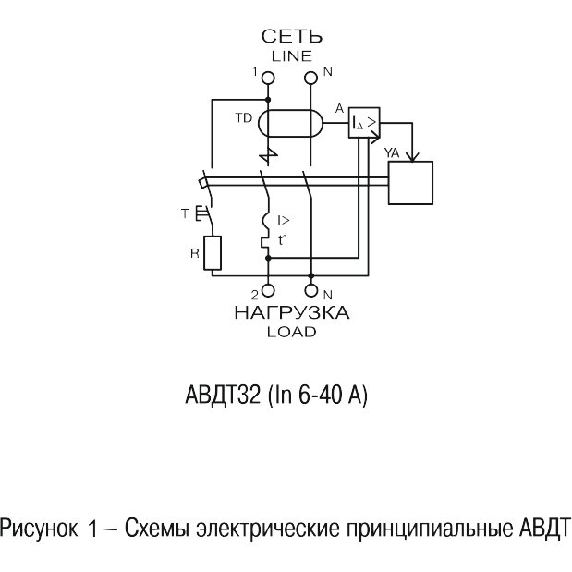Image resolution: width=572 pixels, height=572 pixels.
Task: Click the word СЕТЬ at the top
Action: coord(292,37)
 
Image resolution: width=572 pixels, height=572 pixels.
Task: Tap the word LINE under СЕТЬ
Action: coord(292,55)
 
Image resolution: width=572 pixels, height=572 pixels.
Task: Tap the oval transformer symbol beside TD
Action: coord(288,123)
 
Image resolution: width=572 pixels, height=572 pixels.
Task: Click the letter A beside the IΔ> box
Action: coord(339,109)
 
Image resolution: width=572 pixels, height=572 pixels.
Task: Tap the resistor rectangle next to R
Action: coord(213,252)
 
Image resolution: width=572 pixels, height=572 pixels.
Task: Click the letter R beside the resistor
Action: coord(191,249)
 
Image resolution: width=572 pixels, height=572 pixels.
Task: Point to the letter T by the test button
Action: coord(186,214)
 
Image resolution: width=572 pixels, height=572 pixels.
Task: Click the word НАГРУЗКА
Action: coord(292,313)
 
